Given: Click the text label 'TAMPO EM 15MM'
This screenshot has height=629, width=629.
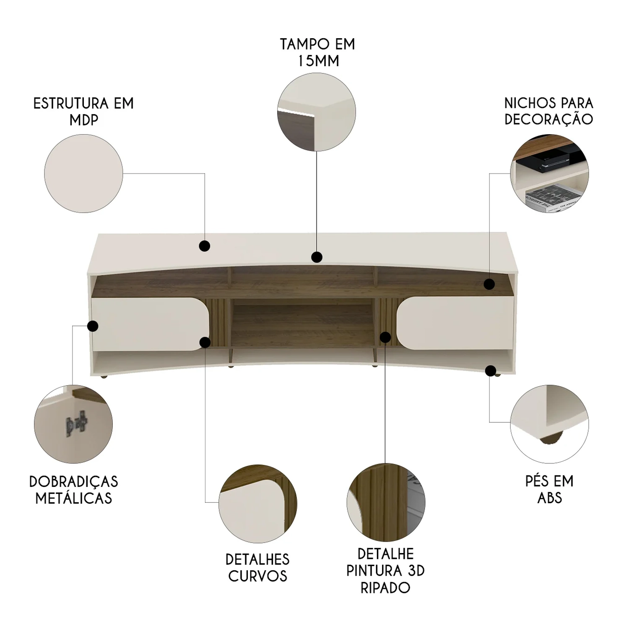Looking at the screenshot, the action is (317, 52).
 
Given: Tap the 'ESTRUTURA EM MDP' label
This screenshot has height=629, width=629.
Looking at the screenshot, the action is (83, 112).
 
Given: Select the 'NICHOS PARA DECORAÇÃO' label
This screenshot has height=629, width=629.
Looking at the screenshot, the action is (548, 111).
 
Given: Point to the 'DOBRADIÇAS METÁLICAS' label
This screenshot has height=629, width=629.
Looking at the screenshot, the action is (74, 490).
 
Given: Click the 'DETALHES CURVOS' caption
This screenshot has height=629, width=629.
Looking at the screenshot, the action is (257, 567).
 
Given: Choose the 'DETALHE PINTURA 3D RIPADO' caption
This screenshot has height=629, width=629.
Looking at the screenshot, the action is (385, 570).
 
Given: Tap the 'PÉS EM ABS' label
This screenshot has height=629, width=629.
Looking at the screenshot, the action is (549, 489).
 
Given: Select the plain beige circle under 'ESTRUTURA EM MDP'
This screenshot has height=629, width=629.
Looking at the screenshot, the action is (83, 174).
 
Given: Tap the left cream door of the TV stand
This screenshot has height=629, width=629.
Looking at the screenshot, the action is (150, 324).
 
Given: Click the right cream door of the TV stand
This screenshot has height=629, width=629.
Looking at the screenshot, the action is (455, 324).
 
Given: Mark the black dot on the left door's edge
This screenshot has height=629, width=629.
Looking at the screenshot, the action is (93, 326).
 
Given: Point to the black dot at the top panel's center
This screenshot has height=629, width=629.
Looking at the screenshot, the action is (317, 257).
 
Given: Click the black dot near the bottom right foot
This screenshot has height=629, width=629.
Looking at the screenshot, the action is (490, 371).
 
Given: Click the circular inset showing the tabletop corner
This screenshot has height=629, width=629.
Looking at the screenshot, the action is (317, 112).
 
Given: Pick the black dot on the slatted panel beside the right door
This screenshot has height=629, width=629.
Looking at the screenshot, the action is (385, 337).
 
